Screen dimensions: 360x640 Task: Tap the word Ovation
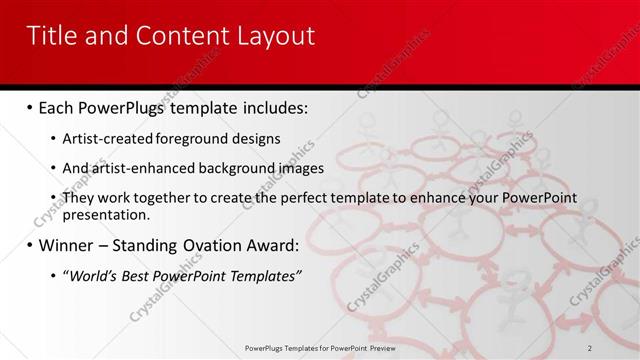222,245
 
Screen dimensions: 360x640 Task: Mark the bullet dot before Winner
29,245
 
